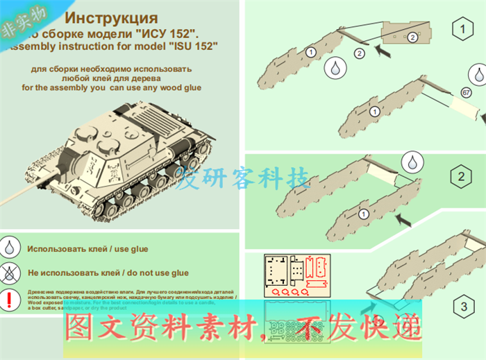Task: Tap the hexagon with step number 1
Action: pos(462,28)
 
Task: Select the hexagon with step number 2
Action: pos(461,177)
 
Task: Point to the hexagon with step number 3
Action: pos(462,306)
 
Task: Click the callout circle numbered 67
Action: pos(466,92)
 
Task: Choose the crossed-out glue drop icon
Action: pos(10,273)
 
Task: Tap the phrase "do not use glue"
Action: pos(153,273)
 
